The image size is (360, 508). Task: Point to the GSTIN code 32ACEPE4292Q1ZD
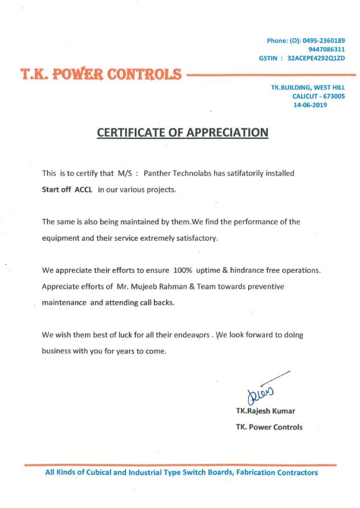click(x=316, y=59)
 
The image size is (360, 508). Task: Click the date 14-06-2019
click(x=310, y=105)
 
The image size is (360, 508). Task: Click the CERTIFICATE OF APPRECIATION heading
click(x=182, y=132)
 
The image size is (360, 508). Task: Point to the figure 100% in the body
click(x=182, y=271)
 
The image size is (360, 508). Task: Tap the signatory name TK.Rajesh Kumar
click(x=265, y=411)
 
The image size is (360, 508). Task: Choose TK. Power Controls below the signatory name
click(x=269, y=427)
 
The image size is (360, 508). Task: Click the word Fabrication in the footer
click(x=256, y=473)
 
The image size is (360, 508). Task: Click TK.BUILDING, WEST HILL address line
click(x=307, y=87)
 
